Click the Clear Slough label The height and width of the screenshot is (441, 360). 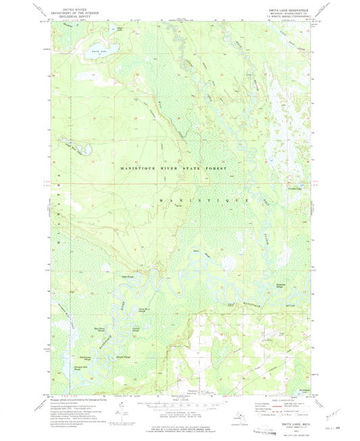126,276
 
